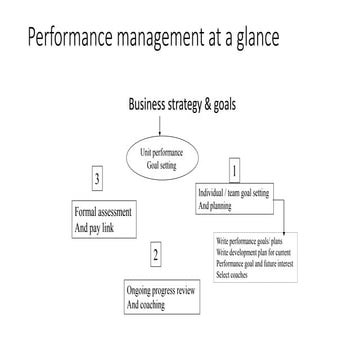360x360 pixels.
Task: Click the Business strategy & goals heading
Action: tap(181, 105)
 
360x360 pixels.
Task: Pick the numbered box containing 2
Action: tap(155, 255)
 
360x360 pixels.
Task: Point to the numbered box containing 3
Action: tap(95, 180)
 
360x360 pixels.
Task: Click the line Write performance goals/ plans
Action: tap(256, 241)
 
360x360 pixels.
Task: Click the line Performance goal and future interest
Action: tap(263, 262)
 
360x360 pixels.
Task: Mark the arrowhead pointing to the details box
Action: tap(283, 230)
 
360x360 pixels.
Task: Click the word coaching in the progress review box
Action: tap(151, 303)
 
